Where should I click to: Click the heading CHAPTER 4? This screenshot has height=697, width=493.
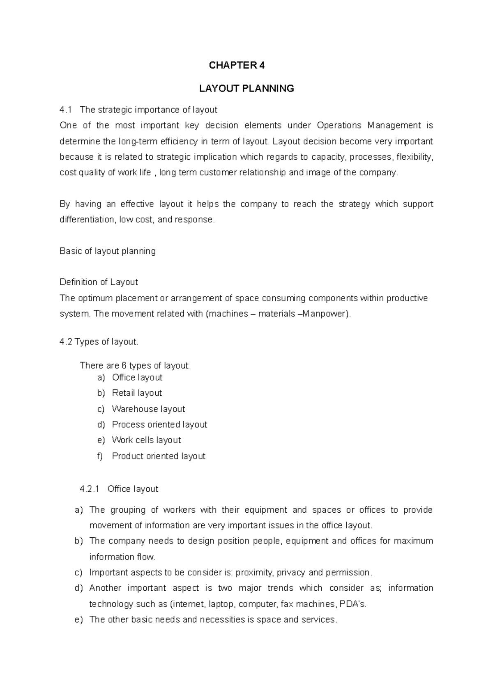tap(237, 65)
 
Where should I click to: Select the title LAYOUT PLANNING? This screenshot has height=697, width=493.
tap(246, 88)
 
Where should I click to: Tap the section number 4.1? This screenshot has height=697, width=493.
tap(66, 110)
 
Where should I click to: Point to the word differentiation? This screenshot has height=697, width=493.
tap(87, 220)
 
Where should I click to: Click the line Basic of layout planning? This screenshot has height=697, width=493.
tap(108, 251)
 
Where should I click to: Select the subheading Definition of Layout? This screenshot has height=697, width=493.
tap(99, 282)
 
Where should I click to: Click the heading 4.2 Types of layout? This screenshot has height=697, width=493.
tap(99, 342)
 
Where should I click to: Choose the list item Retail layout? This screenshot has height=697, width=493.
tap(137, 393)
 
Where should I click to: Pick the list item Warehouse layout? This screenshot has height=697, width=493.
tap(148, 409)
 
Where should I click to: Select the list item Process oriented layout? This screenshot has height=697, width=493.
tap(159, 424)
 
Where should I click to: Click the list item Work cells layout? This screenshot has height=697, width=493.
tap(146, 440)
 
